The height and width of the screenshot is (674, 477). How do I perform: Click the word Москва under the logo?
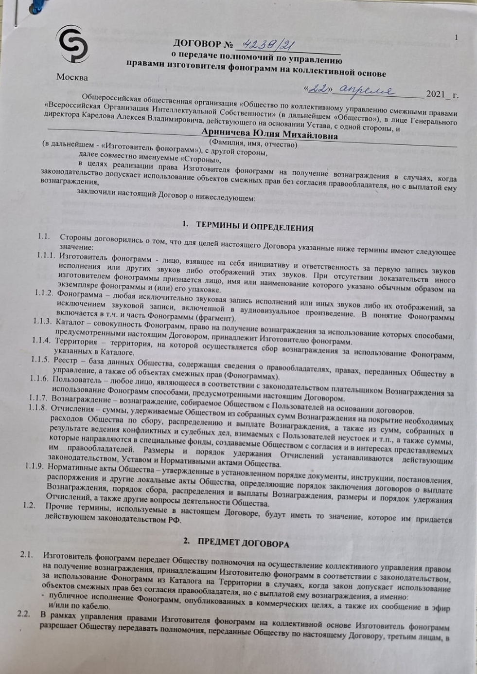72,77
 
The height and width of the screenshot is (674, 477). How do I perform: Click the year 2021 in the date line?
437,94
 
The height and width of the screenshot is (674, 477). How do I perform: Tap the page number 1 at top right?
456,37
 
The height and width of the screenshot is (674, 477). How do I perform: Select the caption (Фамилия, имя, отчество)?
253,144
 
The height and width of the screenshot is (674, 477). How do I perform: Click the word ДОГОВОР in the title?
196,45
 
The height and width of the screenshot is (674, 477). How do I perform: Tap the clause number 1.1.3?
42,321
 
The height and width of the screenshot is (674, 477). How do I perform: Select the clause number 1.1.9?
35,467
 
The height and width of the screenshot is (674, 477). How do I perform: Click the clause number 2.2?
24,614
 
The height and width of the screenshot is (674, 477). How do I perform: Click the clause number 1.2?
30,505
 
